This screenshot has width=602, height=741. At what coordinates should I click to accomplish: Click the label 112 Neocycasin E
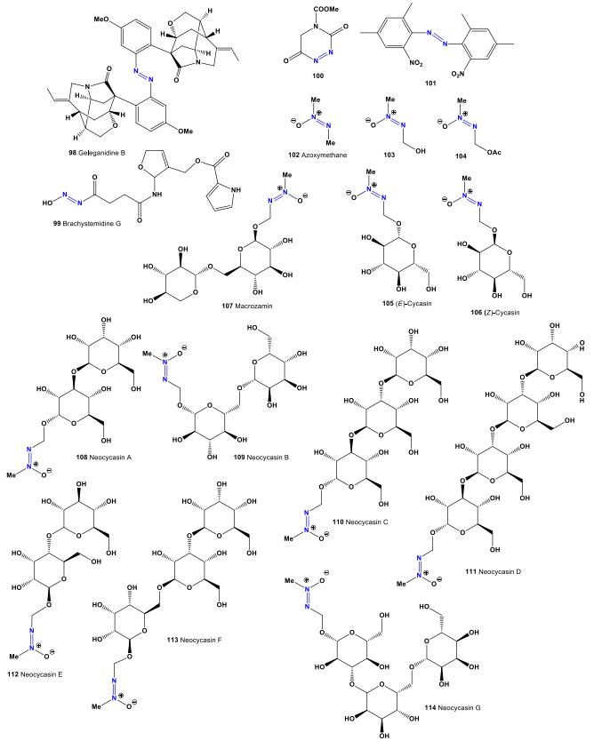pos(39,673)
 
